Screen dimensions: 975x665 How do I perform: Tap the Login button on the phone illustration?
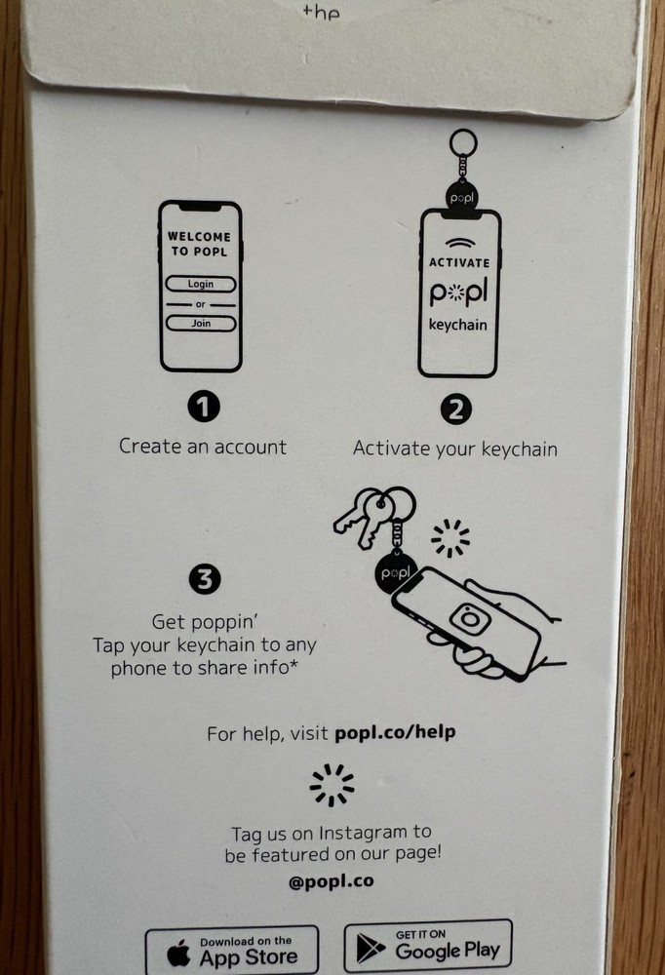(x=201, y=284)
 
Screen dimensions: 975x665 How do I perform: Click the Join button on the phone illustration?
(x=201, y=324)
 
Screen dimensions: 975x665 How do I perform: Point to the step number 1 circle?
(x=203, y=408)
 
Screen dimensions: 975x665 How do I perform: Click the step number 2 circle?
(x=455, y=410)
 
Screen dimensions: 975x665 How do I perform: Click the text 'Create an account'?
(x=203, y=447)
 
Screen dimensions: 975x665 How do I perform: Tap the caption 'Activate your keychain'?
(x=455, y=448)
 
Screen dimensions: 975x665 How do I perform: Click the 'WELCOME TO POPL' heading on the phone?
(x=200, y=243)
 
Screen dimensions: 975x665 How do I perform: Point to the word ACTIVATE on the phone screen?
(x=458, y=263)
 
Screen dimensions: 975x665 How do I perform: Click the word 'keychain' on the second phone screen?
(x=458, y=325)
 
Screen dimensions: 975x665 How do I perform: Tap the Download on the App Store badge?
(x=232, y=951)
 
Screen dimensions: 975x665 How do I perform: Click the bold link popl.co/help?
(x=395, y=732)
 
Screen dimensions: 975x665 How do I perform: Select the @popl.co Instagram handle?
(x=332, y=881)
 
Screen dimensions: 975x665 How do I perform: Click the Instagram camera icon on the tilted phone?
(x=470, y=617)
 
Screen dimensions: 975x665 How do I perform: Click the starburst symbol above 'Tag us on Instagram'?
(x=332, y=784)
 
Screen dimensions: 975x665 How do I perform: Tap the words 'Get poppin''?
(x=205, y=621)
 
